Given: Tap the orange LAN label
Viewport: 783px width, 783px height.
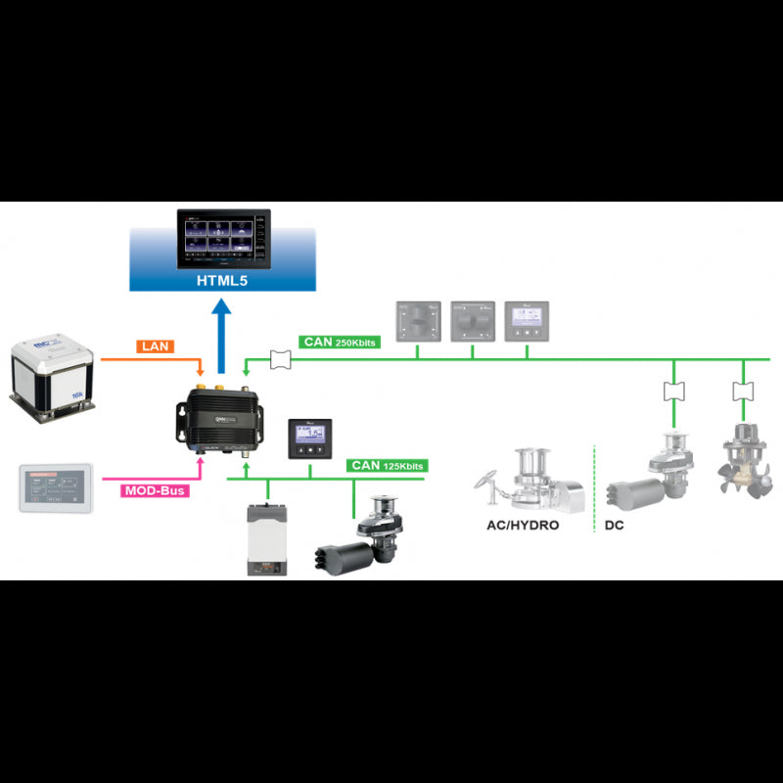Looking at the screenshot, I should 157,345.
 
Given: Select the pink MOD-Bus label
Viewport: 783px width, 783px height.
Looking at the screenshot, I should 156,489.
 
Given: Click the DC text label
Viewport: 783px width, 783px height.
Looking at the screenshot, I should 615,524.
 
